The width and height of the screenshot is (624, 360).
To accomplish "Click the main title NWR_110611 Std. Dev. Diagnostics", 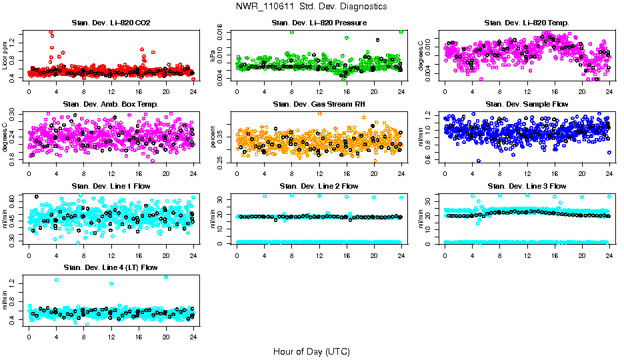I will (x=311, y=7).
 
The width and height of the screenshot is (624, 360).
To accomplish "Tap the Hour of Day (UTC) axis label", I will (x=311, y=351).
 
